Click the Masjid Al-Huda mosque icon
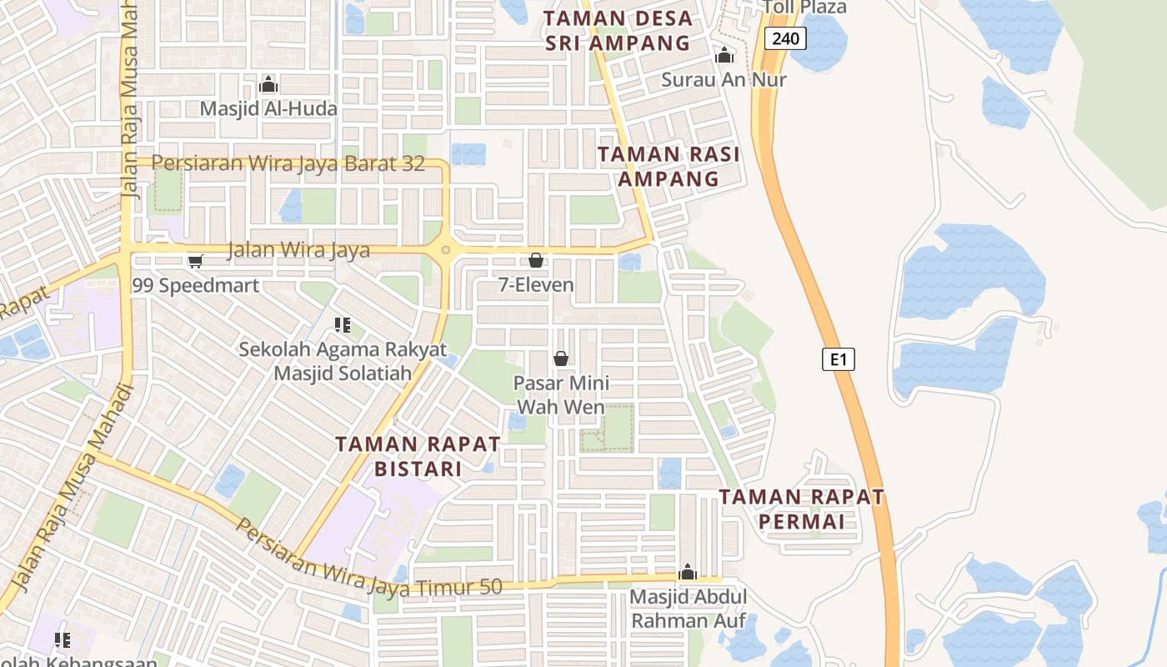coord(268,84)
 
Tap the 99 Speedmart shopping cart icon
coord(196,262)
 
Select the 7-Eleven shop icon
coord(536,260)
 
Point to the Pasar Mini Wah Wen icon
coord(561,359)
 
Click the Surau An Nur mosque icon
coord(724,56)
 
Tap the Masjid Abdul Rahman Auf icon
coord(688,572)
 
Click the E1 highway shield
coord(839,359)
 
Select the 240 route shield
coord(785,38)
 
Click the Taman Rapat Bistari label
coord(418,456)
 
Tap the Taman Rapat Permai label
coord(801,509)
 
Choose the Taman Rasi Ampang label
coord(669,166)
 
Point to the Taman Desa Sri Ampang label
coord(619,31)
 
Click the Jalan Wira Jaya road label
coord(298,249)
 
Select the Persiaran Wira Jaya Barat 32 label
coord(288,163)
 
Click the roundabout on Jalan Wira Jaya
coord(447,249)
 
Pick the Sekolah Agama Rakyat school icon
coord(342,324)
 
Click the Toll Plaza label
coord(804,8)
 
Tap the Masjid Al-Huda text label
coord(268,108)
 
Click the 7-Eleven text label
coord(536,285)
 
